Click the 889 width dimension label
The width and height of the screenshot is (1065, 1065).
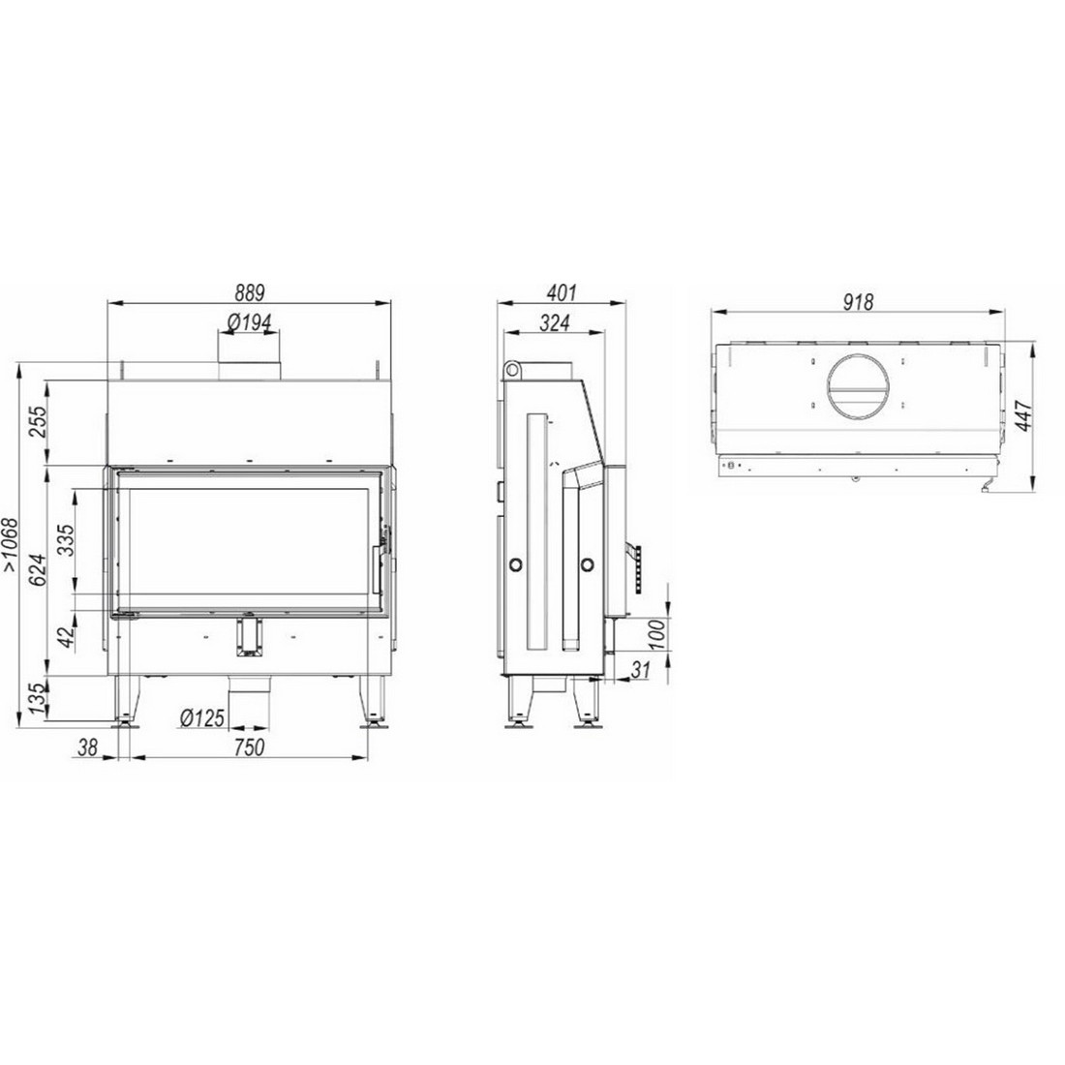pos(249,292)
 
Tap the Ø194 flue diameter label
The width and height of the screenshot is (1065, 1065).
pos(249,322)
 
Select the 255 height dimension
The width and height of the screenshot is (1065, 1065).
pos(39,422)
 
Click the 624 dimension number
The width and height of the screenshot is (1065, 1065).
pos(39,570)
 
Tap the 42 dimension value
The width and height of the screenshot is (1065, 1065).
pos(66,636)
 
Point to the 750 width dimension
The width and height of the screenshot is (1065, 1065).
pos(249,747)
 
